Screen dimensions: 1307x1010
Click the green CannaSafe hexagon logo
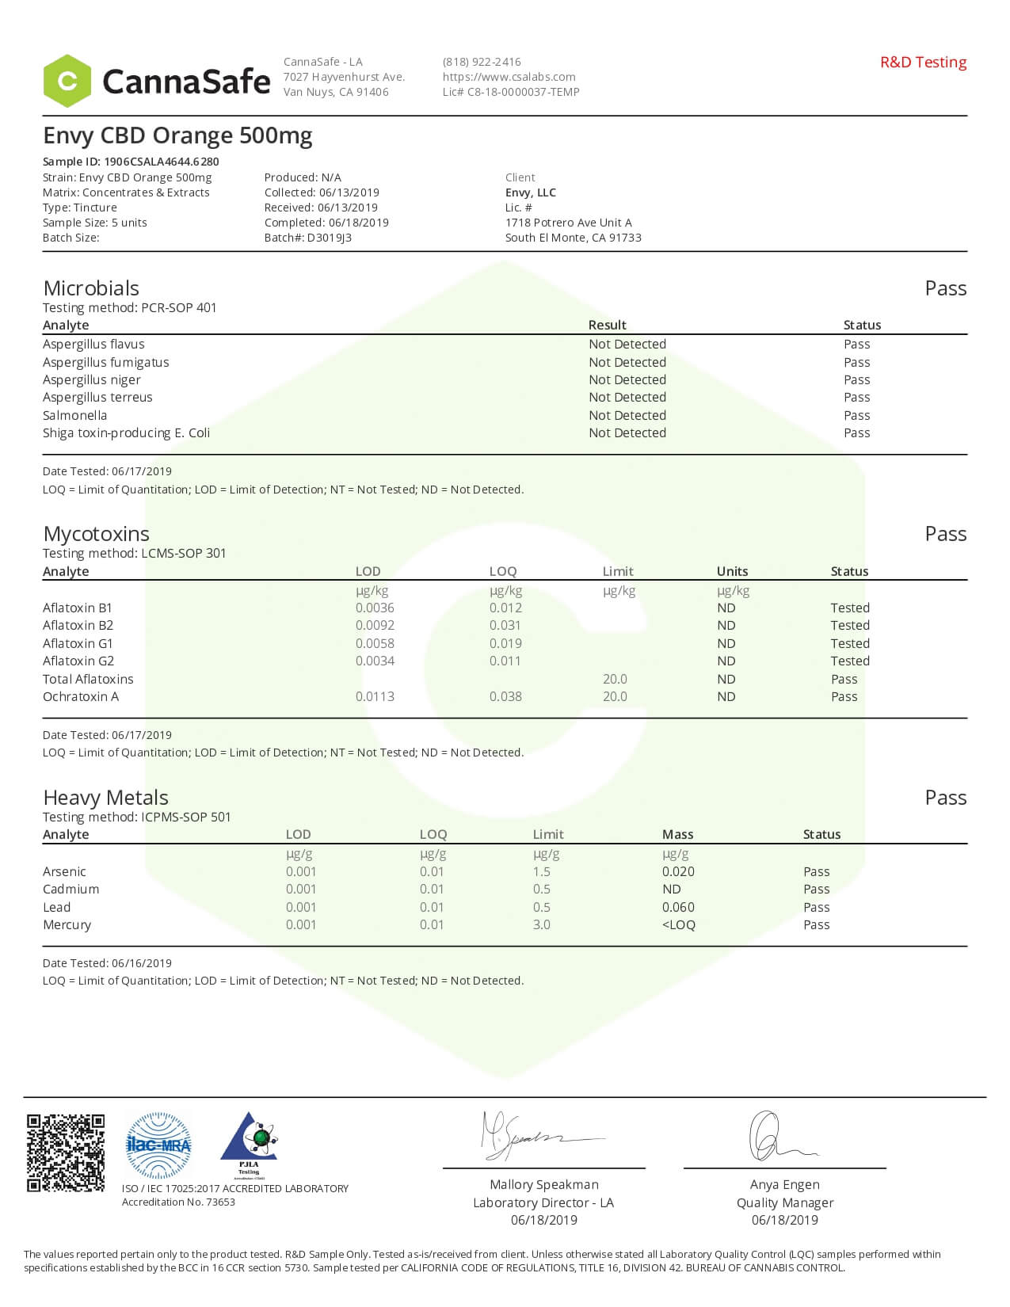click(67, 81)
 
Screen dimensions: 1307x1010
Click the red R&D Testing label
click(923, 63)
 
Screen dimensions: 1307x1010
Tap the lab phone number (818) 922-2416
click(482, 62)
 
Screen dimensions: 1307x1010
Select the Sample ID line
click(131, 162)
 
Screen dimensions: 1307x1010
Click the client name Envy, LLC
click(531, 192)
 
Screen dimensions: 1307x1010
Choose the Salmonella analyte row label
click(74, 415)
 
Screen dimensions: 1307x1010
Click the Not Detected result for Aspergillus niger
click(627, 379)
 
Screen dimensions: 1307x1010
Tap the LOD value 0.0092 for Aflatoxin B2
click(375, 625)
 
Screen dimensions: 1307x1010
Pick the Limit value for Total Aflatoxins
click(615, 679)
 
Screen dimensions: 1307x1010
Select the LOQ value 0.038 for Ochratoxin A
click(505, 696)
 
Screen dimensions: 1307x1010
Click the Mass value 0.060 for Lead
click(678, 907)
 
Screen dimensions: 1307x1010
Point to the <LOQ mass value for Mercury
click(679, 924)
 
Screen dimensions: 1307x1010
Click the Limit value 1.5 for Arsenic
click(542, 871)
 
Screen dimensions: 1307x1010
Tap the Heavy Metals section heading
click(105, 797)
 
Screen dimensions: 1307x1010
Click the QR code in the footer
click(66, 1153)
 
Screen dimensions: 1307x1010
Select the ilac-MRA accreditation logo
click(158, 1145)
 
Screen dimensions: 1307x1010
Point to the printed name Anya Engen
click(784, 1184)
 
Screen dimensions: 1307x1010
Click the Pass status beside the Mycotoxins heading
click(945, 534)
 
